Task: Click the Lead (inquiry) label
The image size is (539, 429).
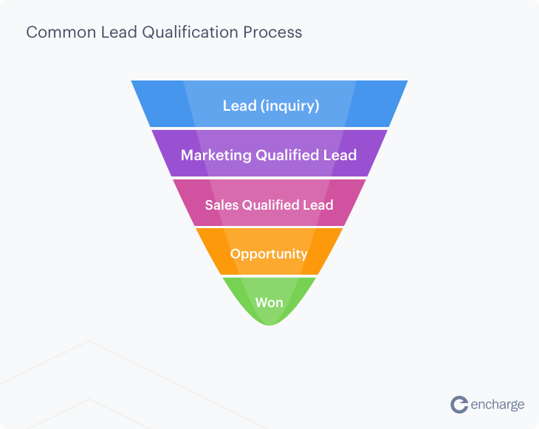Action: (271, 106)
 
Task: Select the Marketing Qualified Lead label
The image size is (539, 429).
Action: (269, 155)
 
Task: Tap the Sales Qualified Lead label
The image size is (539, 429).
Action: (269, 205)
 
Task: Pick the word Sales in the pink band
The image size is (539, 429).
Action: (221, 205)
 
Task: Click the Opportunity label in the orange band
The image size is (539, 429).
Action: (269, 253)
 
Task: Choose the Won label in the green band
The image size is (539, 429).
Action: (269, 302)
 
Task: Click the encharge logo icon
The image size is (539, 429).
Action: (460, 404)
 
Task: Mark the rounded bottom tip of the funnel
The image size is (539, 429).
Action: (269, 323)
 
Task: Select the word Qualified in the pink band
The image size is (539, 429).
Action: (272, 205)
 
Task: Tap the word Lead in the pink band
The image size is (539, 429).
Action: (319, 205)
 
